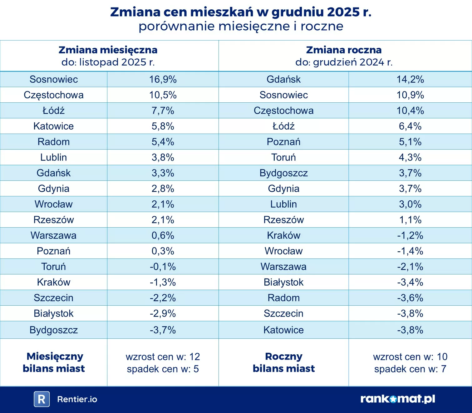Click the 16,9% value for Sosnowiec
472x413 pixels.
(x=163, y=79)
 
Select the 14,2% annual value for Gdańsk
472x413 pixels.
(x=410, y=79)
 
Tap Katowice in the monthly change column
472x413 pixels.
(x=53, y=126)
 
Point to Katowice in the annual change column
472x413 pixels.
(x=283, y=330)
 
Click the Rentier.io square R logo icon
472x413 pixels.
(x=42, y=399)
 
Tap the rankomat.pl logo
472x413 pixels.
(x=398, y=399)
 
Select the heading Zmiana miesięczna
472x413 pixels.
(x=108, y=50)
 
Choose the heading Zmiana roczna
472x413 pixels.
(x=344, y=50)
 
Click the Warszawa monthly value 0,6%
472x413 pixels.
(x=163, y=235)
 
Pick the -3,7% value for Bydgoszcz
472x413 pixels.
(x=163, y=330)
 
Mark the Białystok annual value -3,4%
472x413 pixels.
(x=410, y=282)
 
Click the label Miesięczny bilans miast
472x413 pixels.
(x=54, y=362)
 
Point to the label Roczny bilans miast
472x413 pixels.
(x=283, y=362)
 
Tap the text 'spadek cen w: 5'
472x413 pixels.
(x=163, y=369)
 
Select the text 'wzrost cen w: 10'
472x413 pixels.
(x=410, y=357)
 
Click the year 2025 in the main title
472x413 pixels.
(x=342, y=12)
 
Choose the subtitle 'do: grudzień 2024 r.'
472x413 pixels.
(x=344, y=62)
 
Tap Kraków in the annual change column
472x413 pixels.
(x=283, y=235)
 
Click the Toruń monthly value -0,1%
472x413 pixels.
(x=163, y=267)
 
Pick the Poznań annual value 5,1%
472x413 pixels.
(x=410, y=142)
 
